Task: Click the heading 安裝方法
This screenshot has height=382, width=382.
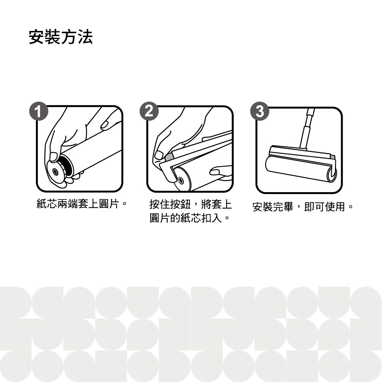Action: click(x=61, y=37)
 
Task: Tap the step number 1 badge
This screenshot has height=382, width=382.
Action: click(x=39, y=112)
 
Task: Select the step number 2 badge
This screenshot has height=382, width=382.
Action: click(x=149, y=111)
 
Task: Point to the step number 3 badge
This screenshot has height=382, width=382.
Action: click(x=260, y=111)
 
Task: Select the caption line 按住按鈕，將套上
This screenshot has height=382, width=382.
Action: click(x=190, y=204)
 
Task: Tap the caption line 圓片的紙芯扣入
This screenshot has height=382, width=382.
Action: click(x=185, y=218)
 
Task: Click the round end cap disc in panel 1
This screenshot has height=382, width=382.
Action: click(x=56, y=172)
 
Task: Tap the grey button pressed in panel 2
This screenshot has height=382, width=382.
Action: click(x=168, y=157)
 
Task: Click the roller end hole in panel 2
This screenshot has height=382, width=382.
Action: click(x=181, y=181)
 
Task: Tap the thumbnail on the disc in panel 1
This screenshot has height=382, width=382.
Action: click(x=53, y=157)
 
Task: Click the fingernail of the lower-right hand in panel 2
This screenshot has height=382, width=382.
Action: click(x=214, y=172)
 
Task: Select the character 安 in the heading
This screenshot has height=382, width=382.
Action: click(x=37, y=37)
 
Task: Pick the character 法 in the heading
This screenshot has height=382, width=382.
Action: click(x=85, y=37)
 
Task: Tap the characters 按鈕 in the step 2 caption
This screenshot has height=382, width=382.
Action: click(x=180, y=204)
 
